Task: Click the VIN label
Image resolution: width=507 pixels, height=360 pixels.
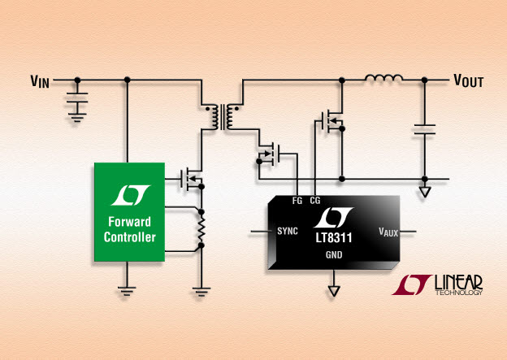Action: [40, 81]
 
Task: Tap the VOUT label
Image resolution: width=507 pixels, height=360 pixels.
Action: [469, 80]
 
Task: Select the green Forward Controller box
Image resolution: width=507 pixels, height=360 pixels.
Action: [129, 212]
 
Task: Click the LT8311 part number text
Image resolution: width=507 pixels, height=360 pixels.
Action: [334, 238]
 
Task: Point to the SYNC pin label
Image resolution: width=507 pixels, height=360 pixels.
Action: [288, 231]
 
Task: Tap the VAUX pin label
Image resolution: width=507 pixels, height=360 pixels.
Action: [388, 232]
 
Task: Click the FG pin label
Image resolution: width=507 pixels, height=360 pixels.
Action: [297, 201]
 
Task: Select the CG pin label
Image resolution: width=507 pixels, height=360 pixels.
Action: [315, 201]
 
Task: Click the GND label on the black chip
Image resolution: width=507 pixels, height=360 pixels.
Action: [334, 255]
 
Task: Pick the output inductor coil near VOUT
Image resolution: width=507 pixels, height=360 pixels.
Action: [383, 78]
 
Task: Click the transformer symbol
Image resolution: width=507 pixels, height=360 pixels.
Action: [223, 117]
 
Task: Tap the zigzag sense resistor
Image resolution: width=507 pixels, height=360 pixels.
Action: [201, 228]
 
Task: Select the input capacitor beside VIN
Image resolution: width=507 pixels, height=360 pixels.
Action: [77, 98]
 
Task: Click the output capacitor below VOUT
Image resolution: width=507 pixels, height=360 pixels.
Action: [425, 129]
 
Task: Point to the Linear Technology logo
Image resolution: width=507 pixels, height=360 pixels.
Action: [437, 284]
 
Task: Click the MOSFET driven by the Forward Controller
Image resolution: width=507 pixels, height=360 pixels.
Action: [192, 179]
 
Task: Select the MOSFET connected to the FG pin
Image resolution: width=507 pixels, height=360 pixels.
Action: [268, 154]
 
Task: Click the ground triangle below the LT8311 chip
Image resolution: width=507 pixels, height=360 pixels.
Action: [334, 291]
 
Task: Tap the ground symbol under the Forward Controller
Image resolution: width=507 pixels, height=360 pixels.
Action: [127, 291]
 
